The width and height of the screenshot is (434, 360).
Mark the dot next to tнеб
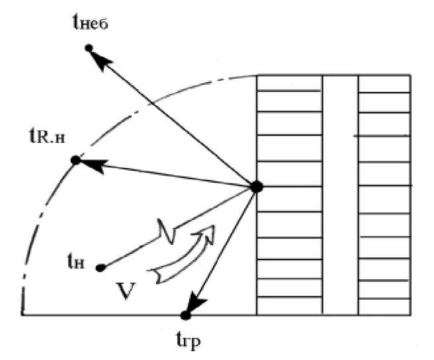pyautogui.click(x=89, y=48)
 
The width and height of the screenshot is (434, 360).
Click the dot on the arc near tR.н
pyautogui.click(x=75, y=160)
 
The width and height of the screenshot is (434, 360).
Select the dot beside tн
pyautogui.click(x=101, y=267)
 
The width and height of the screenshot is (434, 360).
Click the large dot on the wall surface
pyautogui.click(x=257, y=187)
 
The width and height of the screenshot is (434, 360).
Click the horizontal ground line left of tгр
pyautogui.click(x=99, y=315)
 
